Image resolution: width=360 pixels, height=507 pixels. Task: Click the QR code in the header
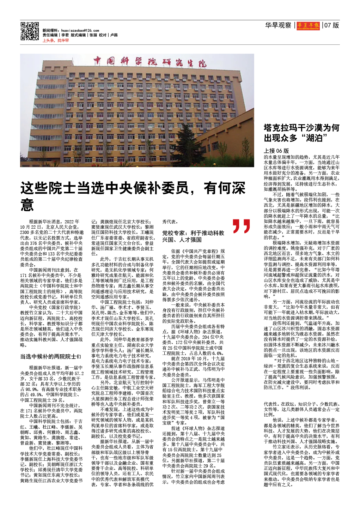click(30, 31)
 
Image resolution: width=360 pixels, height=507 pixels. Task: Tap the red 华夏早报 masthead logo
click(308, 25)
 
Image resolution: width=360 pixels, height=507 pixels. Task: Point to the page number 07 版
click(331, 25)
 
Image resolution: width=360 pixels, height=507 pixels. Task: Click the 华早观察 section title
click(278, 25)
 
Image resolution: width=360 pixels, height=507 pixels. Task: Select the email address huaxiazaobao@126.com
click(80, 31)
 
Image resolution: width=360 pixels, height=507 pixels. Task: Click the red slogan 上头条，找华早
click(56, 41)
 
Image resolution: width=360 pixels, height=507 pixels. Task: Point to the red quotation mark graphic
click(241, 226)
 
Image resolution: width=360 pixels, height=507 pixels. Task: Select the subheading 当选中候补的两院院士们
click(50, 357)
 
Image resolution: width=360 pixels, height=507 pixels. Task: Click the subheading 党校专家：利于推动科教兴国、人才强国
click(193, 236)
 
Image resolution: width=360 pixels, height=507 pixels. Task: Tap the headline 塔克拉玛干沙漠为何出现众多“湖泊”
click(301, 133)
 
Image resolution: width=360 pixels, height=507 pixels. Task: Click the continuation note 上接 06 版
click(276, 151)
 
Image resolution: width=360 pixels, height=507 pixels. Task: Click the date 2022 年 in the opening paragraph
click(72, 222)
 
